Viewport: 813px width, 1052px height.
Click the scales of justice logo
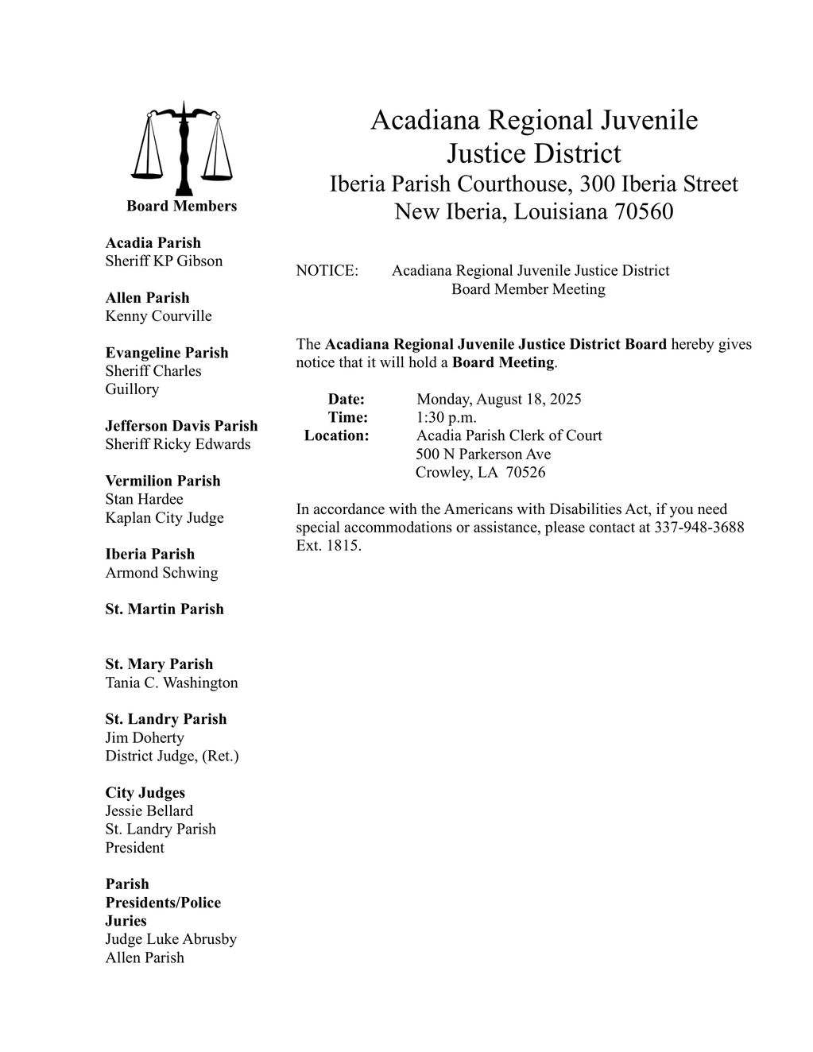[184, 149]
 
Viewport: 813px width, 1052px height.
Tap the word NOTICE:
[327, 271]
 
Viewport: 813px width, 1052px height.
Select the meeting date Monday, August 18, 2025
[498, 399]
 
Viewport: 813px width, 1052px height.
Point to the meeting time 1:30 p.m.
[446, 417]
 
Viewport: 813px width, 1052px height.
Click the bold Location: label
[337, 435]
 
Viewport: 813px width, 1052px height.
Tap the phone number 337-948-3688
[699, 528]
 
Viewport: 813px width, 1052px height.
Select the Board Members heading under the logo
[181, 207]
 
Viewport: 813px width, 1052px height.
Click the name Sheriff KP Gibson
[164, 261]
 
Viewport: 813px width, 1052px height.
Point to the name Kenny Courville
[158, 316]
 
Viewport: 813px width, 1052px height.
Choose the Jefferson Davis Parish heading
[181, 426]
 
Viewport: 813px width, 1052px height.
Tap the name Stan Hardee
[144, 499]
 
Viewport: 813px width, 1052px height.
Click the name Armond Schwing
[161, 573]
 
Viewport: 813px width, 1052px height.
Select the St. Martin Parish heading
[165, 609]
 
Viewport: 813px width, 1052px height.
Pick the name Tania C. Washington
[172, 683]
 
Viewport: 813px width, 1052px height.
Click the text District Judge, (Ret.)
[172, 756]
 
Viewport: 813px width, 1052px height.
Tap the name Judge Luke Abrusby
[171, 939]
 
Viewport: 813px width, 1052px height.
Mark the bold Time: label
[348, 417]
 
